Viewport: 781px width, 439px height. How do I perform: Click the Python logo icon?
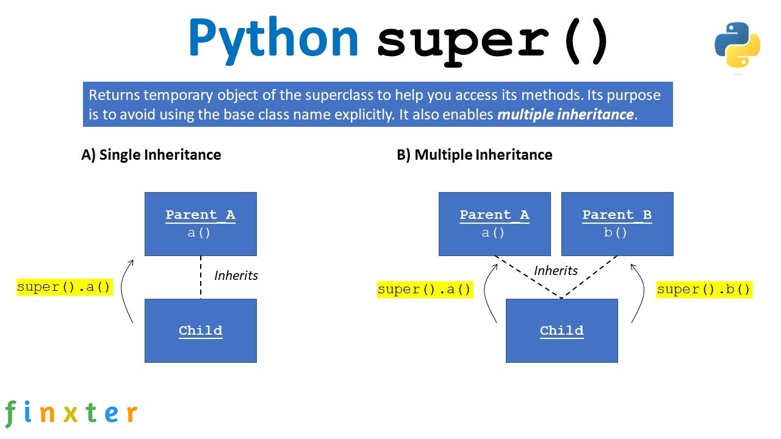pyautogui.click(x=737, y=45)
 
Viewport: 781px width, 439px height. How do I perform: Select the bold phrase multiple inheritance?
pyautogui.click(x=565, y=115)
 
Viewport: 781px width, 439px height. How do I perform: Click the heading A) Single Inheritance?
pyautogui.click(x=151, y=155)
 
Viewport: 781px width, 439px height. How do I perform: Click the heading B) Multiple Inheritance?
pyautogui.click(x=474, y=155)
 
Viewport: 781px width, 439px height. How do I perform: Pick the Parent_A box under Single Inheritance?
pyautogui.click(x=200, y=224)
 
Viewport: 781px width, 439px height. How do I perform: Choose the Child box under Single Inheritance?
pyautogui.click(x=200, y=330)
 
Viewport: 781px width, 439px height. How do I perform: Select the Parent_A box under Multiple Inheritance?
pyautogui.click(x=494, y=224)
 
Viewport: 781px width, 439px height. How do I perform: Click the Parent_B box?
pyautogui.click(x=617, y=224)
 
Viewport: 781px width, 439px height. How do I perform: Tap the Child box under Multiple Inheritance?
pyautogui.click(x=561, y=330)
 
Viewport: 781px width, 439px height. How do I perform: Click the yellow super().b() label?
pyautogui.click(x=704, y=289)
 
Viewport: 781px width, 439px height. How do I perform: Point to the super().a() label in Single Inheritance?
pyautogui.click(x=65, y=287)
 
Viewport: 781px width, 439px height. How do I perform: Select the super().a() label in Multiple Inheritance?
pyautogui.click(x=425, y=289)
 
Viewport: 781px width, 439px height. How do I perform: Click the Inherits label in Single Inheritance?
pyautogui.click(x=236, y=276)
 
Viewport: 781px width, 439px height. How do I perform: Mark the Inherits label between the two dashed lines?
pyautogui.click(x=556, y=270)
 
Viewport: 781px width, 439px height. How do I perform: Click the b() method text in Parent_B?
pyautogui.click(x=616, y=232)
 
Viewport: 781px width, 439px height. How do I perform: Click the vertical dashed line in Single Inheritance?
pyautogui.click(x=201, y=277)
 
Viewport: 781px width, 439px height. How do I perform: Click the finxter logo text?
pyautogui.click(x=71, y=413)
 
